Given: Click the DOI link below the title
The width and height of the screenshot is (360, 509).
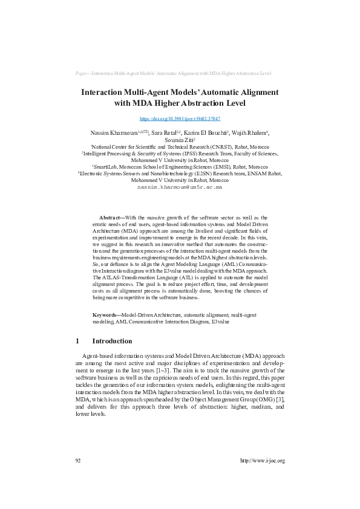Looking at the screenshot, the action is click(180, 119).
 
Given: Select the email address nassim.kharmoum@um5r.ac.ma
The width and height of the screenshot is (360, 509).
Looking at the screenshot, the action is click(180, 187).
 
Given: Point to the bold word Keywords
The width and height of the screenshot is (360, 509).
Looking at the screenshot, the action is click(106, 316).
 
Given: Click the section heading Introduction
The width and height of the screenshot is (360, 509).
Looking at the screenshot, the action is click(112, 341).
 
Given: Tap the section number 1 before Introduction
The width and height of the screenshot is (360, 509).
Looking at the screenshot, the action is click(77, 341).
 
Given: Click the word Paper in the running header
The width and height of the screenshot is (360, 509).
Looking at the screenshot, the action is click(82, 73).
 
